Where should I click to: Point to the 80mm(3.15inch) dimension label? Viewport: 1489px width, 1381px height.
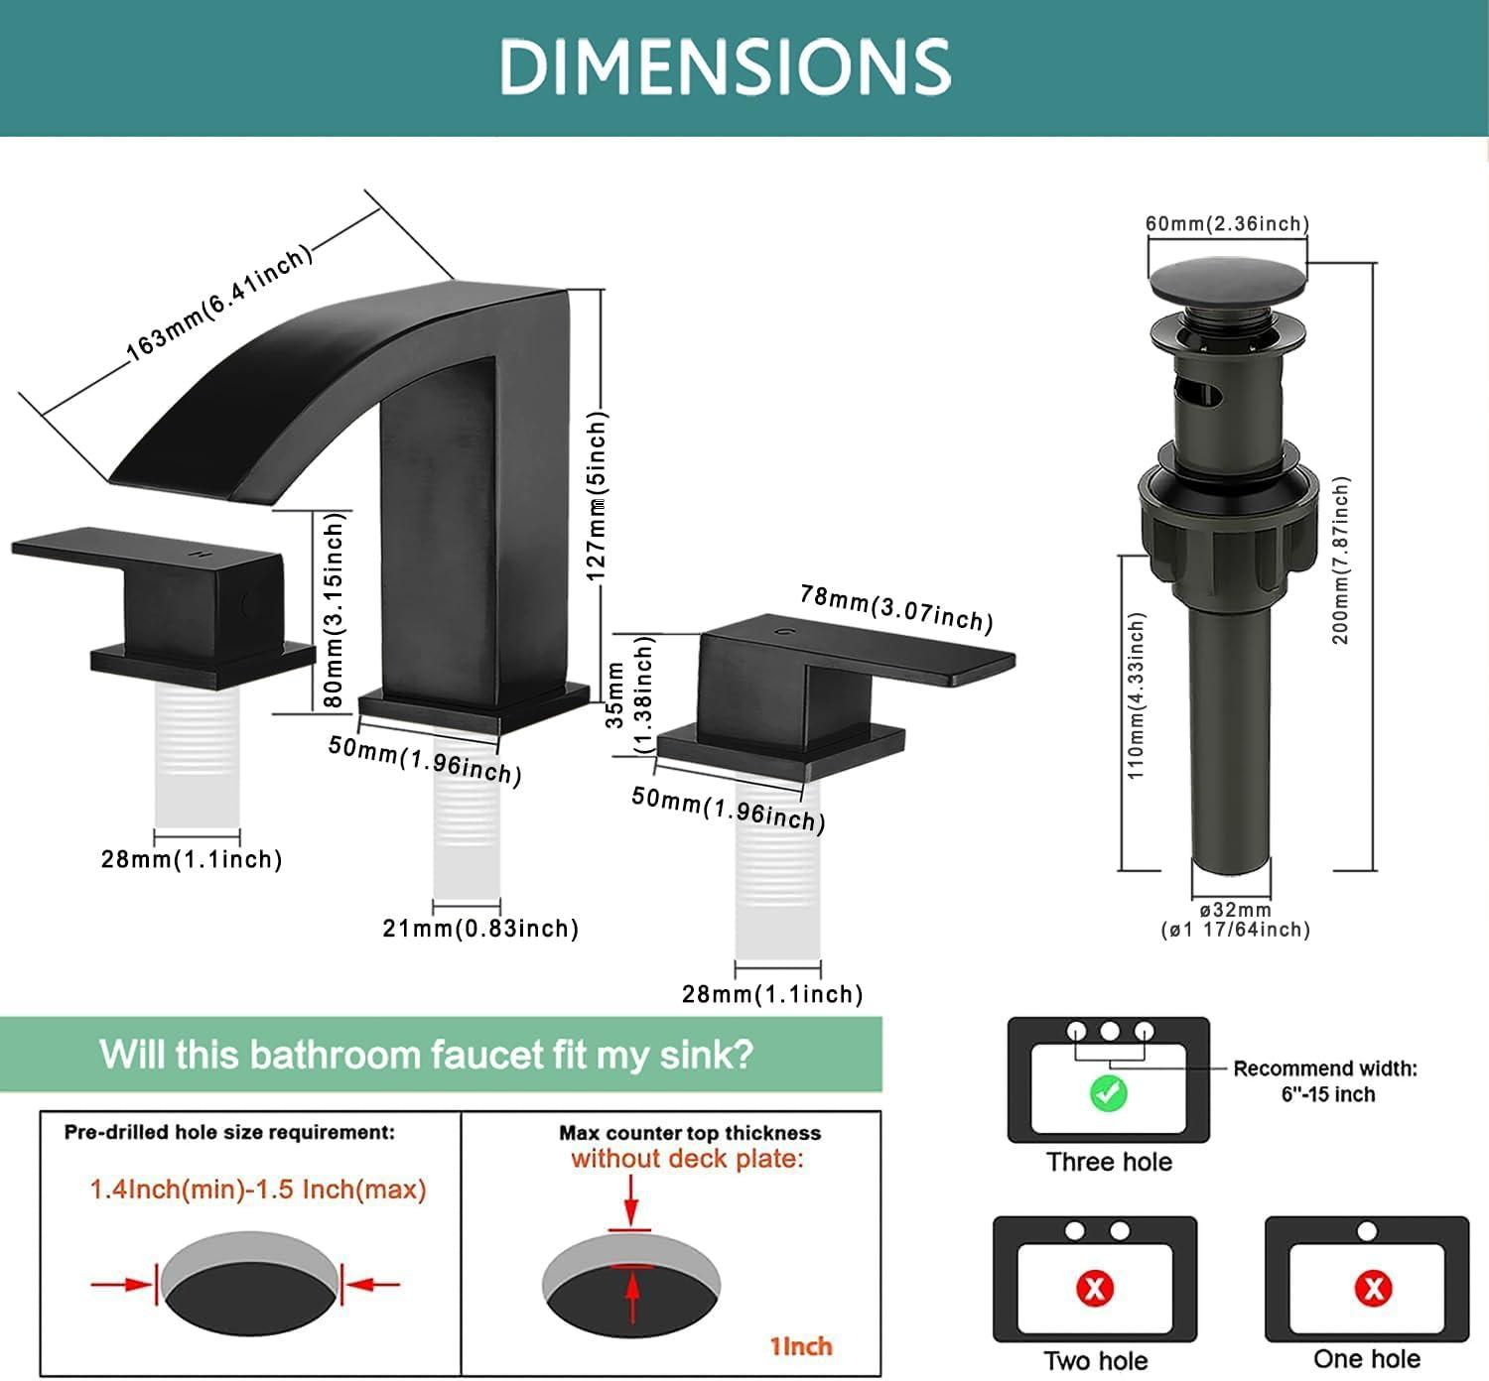[x=334, y=610]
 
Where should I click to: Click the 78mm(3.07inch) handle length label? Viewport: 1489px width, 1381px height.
[x=896, y=608]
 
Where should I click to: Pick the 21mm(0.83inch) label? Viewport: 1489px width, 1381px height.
[x=480, y=929]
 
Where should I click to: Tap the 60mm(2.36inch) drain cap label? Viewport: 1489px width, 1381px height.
[x=1227, y=223]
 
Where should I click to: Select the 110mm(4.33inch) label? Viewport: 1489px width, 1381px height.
[x=1137, y=695]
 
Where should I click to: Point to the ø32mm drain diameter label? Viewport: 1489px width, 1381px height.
[x=1236, y=910]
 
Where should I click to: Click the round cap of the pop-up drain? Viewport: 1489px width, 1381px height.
[x=1227, y=279]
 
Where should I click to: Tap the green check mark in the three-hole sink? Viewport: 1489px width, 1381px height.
[x=1108, y=1094]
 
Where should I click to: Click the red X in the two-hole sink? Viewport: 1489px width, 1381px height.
[x=1095, y=1289]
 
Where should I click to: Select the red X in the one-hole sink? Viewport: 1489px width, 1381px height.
[x=1373, y=1289]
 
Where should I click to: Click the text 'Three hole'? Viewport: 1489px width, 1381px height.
[x=1110, y=1162]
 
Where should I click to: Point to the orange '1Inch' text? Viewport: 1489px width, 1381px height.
[x=801, y=1346]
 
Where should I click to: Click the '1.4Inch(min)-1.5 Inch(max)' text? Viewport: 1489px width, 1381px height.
[x=258, y=1190]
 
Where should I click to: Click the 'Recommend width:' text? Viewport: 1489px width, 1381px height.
[x=1325, y=1068]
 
